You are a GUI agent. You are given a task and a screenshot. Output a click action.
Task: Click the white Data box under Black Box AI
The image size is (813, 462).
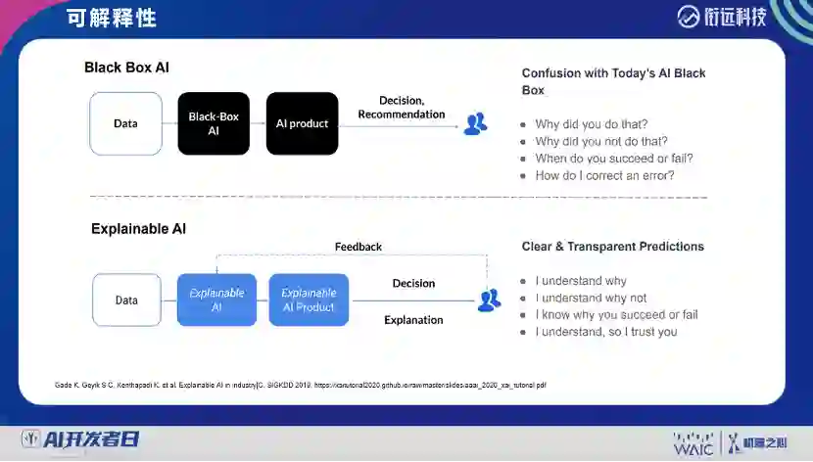[x=125, y=123]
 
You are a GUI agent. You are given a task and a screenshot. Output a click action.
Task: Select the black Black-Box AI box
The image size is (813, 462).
[x=214, y=123]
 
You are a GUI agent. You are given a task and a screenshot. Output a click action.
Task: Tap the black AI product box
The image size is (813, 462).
[x=302, y=123]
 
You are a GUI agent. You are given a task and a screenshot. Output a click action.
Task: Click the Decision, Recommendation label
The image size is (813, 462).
[x=401, y=108]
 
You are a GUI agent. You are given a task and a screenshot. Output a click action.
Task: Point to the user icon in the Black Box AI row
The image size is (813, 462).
[x=475, y=123]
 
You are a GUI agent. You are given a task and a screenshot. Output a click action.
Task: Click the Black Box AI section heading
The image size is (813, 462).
[x=126, y=68]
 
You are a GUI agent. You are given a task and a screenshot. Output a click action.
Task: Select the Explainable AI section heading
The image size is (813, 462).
[x=138, y=229]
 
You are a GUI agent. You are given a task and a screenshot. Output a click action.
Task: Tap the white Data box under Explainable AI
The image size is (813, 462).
[x=126, y=300]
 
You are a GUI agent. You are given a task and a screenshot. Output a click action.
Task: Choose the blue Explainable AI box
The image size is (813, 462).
[x=216, y=300]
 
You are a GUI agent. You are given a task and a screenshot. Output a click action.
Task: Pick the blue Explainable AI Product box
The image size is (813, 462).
[x=309, y=300]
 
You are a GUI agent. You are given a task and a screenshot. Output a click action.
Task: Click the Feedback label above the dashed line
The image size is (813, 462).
[x=359, y=247]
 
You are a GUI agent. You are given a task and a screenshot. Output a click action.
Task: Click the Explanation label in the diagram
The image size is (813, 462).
[x=413, y=320]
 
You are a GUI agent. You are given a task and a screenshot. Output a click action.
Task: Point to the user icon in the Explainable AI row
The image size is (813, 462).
[x=489, y=300]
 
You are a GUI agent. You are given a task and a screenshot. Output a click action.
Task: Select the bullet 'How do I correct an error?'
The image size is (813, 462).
[x=604, y=176]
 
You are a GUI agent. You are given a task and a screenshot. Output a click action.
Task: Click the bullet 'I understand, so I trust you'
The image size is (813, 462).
[x=605, y=332]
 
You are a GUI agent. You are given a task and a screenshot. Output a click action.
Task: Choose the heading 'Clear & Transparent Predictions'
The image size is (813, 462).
[x=612, y=247]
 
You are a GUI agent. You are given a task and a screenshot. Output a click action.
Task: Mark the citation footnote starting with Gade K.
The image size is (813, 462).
[x=300, y=386]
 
